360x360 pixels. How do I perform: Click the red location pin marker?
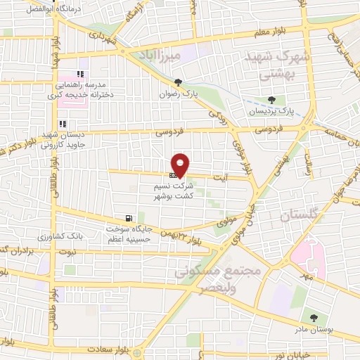tap(181, 165)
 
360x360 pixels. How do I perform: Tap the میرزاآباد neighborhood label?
tap(180, 53)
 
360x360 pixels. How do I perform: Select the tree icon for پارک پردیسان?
tap(272, 100)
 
